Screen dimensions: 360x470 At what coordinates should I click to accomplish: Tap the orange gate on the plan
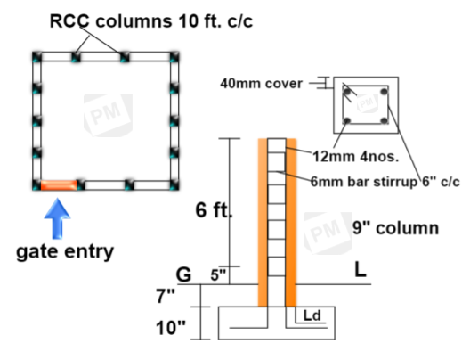point(58,185)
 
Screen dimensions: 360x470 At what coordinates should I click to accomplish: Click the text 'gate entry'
point(65,251)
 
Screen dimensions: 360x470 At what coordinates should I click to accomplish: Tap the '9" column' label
point(395,227)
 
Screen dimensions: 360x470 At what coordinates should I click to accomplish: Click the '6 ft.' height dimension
point(214,211)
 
